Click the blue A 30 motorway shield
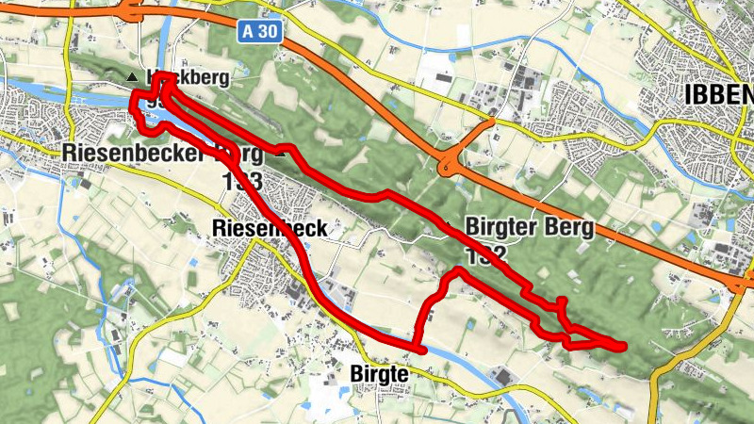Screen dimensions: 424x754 258,32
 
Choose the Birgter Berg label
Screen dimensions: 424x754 531,227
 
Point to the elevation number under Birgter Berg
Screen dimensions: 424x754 486,254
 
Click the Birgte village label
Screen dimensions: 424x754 378,374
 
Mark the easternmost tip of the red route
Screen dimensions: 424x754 623,345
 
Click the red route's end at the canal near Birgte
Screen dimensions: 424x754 423,350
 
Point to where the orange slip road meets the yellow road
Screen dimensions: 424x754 491,122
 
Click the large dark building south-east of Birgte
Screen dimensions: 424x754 502,378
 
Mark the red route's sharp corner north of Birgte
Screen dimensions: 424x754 457,271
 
